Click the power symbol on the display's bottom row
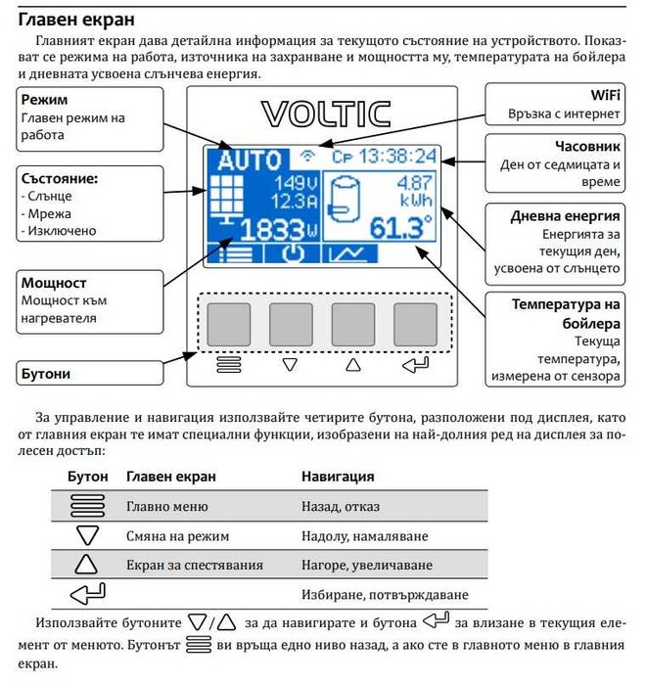click(291, 254)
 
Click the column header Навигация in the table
click(338, 477)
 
